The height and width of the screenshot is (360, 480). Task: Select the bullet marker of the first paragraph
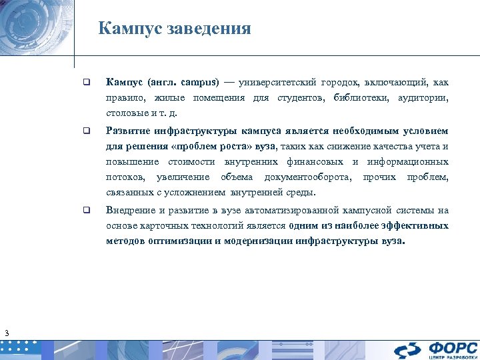point(86,83)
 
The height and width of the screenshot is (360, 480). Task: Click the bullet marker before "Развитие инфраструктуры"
point(86,131)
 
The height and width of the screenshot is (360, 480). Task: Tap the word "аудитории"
point(423,98)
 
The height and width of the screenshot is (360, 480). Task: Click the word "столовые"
point(125,114)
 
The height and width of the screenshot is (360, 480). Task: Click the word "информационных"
point(408,162)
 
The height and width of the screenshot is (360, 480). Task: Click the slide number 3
point(6,333)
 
